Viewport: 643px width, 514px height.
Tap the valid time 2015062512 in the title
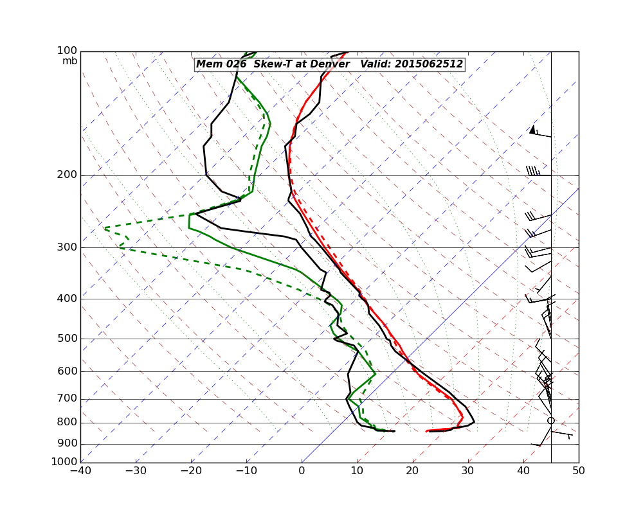[x=429, y=64]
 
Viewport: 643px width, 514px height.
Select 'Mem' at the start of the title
[x=208, y=64]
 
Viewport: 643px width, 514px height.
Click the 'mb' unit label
[x=69, y=61]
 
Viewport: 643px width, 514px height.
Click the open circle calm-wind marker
[x=551, y=421]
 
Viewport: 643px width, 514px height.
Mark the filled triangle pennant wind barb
[x=532, y=130]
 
